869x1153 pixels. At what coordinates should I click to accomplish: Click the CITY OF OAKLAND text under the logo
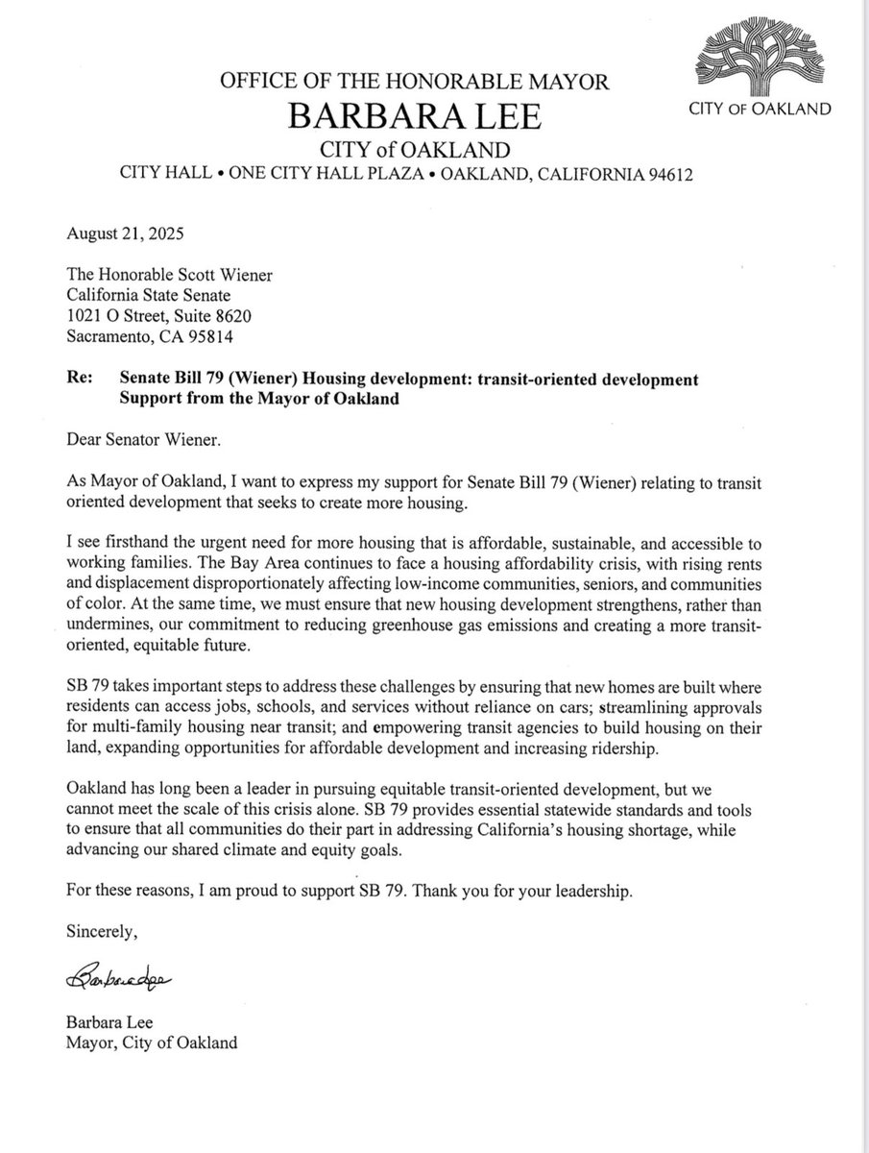click(x=760, y=110)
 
